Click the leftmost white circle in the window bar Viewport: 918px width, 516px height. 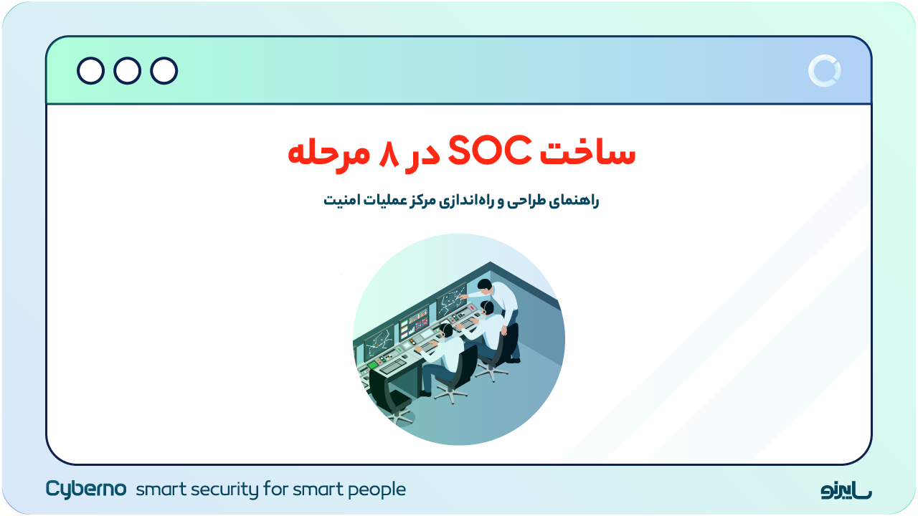click(x=90, y=71)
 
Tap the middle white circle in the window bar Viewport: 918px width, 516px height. click(x=127, y=71)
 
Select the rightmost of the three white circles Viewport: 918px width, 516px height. click(x=164, y=71)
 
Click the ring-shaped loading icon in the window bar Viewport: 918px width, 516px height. click(x=824, y=71)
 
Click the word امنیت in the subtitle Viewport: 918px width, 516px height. click(x=340, y=201)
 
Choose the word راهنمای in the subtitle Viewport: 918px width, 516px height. click(x=574, y=201)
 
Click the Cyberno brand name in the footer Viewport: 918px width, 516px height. click(x=86, y=489)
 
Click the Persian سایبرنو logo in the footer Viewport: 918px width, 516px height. click(x=846, y=490)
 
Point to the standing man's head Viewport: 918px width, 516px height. click(x=486, y=287)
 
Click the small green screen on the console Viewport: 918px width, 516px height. click(x=373, y=365)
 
